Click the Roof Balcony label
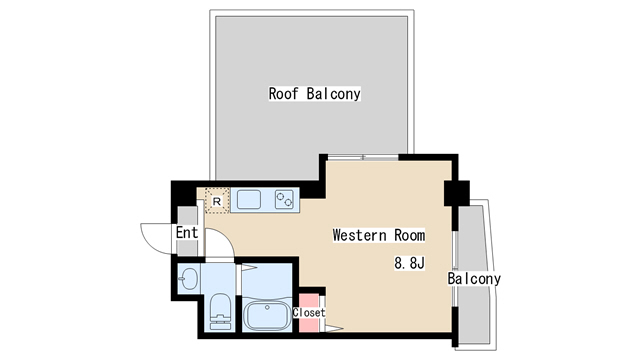[314, 94]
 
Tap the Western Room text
[378, 236]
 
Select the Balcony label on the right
[473, 279]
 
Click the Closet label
[308, 313]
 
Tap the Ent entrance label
[186, 233]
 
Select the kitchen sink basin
[248, 199]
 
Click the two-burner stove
[286, 199]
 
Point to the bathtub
[266, 319]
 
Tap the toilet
[221, 311]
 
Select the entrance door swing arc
[155, 237]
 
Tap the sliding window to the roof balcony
[362, 157]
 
